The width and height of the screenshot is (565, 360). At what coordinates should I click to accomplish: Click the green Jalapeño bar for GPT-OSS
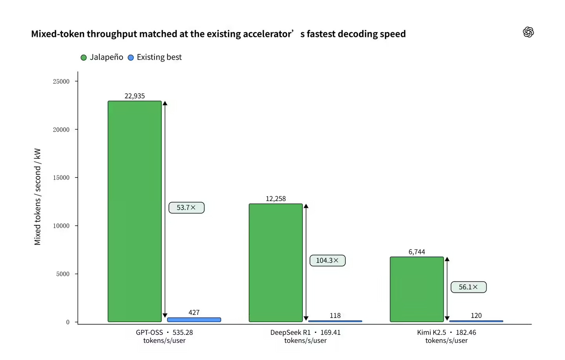click(135, 211)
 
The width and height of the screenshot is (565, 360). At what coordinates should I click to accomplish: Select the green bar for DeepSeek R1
click(276, 263)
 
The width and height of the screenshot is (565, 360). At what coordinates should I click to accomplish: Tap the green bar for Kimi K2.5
click(417, 289)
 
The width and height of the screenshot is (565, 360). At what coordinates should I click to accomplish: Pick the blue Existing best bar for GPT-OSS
click(194, 320)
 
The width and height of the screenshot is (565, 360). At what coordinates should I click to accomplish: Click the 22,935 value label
click(135, 96)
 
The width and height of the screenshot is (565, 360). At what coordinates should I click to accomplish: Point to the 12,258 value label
click(276, 199)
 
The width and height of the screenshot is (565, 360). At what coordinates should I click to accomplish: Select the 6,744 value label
click(417, 252)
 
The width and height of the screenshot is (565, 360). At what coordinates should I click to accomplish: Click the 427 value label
click(194, 312)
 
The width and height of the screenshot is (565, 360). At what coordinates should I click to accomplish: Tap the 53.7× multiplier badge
click(186, 208)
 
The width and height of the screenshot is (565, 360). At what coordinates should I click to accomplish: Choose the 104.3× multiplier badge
click(327, 260)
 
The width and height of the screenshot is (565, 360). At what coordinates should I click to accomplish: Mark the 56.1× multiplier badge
click(468, 287)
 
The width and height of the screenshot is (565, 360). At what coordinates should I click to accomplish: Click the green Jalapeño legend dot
click(84, 58)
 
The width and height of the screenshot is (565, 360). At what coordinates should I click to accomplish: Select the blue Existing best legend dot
click(131, 58)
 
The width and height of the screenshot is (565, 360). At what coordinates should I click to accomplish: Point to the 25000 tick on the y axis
click(61, 82)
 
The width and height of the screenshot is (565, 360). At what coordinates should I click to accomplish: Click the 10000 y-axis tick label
click(61, 226)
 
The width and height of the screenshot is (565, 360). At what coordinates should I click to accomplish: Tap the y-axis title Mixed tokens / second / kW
click(37, 197)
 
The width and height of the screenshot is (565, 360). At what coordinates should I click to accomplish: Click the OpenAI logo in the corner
click(528, 32)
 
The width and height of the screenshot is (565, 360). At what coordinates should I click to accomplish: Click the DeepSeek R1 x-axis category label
click(290, 332)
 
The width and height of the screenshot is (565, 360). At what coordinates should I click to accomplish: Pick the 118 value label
click(335, 316)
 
